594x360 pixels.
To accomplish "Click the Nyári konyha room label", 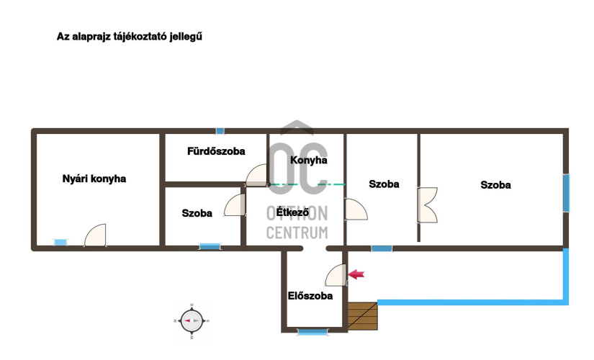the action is [94, 179].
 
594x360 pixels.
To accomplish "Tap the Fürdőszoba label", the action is [216, 151].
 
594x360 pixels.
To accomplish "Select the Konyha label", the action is [309, 161].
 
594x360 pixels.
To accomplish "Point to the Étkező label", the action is [292, 212].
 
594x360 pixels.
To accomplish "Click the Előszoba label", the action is [310, 296].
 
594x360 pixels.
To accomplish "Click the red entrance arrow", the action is [356, 274].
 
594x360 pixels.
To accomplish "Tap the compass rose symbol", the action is [192, 320].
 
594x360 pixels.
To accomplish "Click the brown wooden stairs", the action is [363, 316].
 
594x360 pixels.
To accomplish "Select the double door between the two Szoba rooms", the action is [427, 204].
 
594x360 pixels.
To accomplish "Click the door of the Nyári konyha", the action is [95, 235].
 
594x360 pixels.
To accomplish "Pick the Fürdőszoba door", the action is [257, 175].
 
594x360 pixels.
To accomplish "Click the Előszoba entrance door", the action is [336, 275].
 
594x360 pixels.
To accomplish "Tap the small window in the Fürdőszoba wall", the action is [220, 131].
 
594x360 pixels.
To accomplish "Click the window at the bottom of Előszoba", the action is [312, 333].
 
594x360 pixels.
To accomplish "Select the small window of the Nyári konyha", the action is [60, 242].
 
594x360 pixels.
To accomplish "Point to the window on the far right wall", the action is [566, 193].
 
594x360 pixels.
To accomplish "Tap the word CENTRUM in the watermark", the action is [297, 233].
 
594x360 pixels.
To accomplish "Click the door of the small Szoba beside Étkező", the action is [235, 205].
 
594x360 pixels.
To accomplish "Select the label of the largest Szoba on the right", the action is [495, 185].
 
